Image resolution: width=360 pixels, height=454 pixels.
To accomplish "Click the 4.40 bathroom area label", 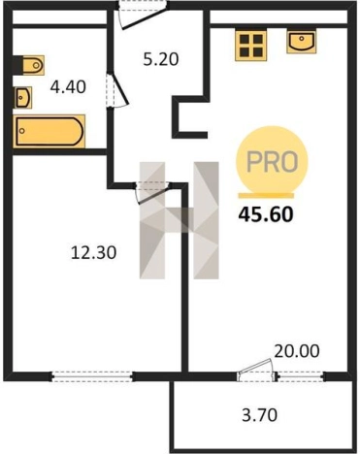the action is pos(68,87).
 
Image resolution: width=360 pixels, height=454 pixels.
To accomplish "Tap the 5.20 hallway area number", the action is pos(161,59).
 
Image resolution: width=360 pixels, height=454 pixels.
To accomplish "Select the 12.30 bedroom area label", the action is pos(93,252).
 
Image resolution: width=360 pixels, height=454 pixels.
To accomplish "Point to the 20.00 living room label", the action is pos(297,351).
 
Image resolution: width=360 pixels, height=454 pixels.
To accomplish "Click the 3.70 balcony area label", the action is pos(260,415).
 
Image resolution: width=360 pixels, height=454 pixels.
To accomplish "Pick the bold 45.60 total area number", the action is pos(266,214).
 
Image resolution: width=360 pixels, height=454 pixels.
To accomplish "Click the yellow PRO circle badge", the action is pos(272,161).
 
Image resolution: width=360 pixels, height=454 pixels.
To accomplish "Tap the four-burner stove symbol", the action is pos(251,46).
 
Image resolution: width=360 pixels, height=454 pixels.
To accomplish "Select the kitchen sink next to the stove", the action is pos(302,42).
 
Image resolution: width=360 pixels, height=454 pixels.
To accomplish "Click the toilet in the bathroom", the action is pos(29,65).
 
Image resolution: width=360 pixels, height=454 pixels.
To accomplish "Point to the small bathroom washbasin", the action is pos(23,97).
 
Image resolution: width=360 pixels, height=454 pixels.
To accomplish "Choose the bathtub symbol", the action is pos(49,131).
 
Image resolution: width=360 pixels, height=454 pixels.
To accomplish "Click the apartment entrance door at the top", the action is pos(143,15).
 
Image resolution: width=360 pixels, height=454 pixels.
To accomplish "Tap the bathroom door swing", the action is pos(117,90).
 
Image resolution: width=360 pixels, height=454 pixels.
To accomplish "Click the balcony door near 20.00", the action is pos(256,371).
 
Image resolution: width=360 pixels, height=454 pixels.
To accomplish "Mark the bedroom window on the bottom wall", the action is pos(92,376).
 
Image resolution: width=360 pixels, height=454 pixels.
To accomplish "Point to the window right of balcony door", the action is pos(302,376).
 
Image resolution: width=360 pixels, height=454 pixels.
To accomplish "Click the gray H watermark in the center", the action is pos(180,220).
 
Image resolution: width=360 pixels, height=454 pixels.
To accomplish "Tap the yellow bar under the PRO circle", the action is pos(266,196).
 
